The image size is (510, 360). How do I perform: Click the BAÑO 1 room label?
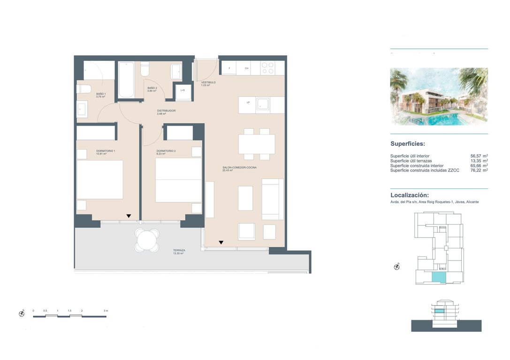(101, 94)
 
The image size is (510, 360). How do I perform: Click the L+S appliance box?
(183, 90)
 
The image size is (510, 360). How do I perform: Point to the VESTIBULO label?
(208, 82)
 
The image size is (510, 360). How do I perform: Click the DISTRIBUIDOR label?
(166, 111)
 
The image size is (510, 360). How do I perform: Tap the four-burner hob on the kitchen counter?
(267, 68)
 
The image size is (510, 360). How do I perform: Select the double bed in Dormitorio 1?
(99, 180)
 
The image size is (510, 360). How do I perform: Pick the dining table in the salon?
(257, 144)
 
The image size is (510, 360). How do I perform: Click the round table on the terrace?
(147, 240)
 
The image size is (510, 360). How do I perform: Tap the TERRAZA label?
(179, 250)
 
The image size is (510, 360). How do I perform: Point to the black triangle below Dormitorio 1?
(128, 216)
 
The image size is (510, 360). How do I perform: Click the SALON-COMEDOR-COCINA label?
(239, 167)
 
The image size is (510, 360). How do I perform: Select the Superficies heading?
(408, 144)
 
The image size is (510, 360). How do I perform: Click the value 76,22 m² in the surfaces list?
(479, 170)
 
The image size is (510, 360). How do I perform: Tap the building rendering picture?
(439, 97)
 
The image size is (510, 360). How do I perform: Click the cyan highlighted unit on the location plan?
(438, 277)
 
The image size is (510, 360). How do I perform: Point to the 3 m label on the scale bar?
(106, 311)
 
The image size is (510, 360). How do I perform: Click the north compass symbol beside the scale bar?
(22, 314)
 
